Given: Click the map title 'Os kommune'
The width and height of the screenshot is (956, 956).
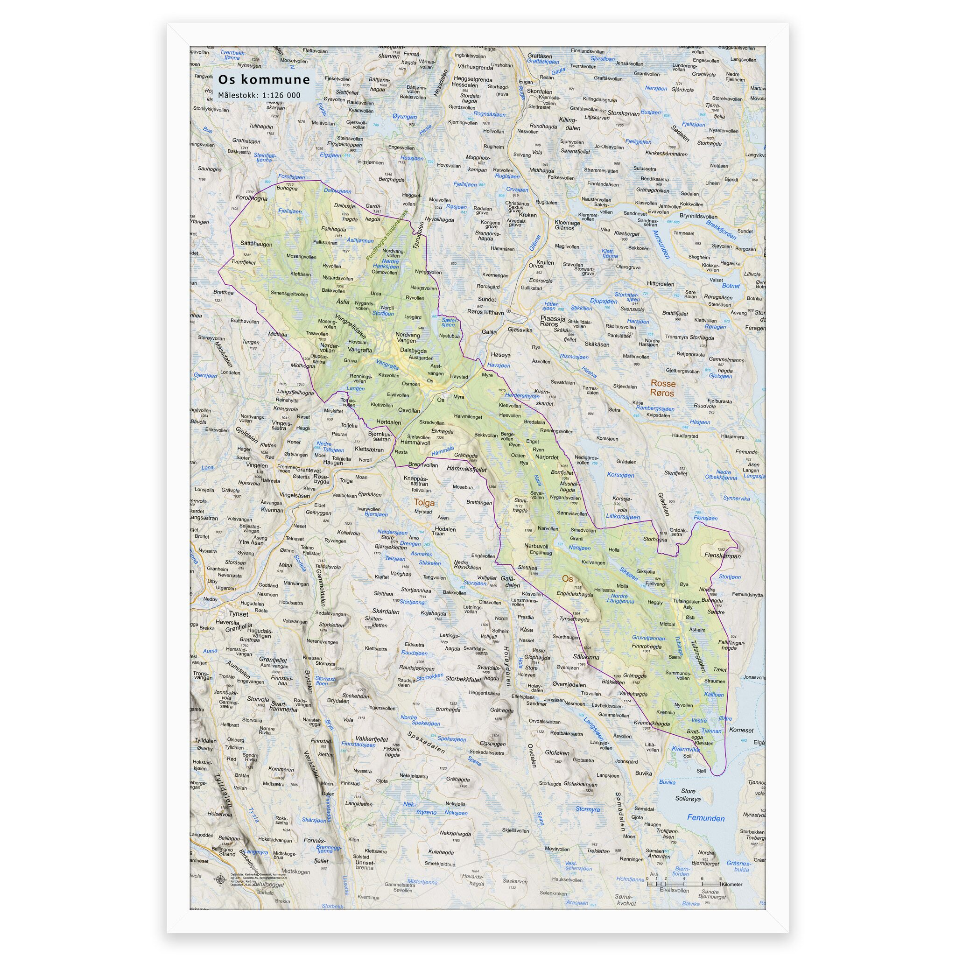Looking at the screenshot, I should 264,80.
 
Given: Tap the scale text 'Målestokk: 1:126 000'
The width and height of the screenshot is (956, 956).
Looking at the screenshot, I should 259,95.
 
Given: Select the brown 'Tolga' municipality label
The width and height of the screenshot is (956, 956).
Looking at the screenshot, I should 424,502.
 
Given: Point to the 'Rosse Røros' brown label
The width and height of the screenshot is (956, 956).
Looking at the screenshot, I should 662,388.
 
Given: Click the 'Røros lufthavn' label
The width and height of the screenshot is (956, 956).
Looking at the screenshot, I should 485,312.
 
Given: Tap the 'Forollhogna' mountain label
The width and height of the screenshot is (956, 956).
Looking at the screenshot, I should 252,198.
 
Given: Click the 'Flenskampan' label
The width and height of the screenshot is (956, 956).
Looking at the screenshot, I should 723,555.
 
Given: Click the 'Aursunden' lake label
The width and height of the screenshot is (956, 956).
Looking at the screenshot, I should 661,245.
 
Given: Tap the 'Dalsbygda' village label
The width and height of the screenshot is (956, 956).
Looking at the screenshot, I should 413,351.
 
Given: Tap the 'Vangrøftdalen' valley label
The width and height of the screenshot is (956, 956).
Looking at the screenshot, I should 351,327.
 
